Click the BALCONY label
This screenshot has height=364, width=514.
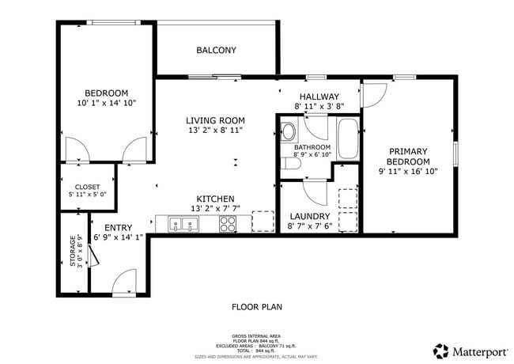(x=216, y=51)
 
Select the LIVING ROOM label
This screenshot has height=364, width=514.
(x=214, y=120)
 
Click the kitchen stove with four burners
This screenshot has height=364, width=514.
(x=229, y=224)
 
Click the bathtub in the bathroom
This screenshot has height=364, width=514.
(x=348, y=139)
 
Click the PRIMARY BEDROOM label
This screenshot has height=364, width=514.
(x=407, y=156)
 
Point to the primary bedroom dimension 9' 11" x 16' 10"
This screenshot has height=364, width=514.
(x=407, y=171)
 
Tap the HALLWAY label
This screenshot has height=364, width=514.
(x=319, y=97)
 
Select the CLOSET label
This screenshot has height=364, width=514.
(x=87, y=188)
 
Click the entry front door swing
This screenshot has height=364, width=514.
(x=124, y=281)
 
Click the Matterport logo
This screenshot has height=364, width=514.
(x=470, y=350)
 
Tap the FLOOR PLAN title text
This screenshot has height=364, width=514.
(x=256, y=307)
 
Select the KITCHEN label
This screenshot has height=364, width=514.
(x=214, y=199)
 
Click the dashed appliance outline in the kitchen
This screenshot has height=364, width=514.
(x=263, y=222)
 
